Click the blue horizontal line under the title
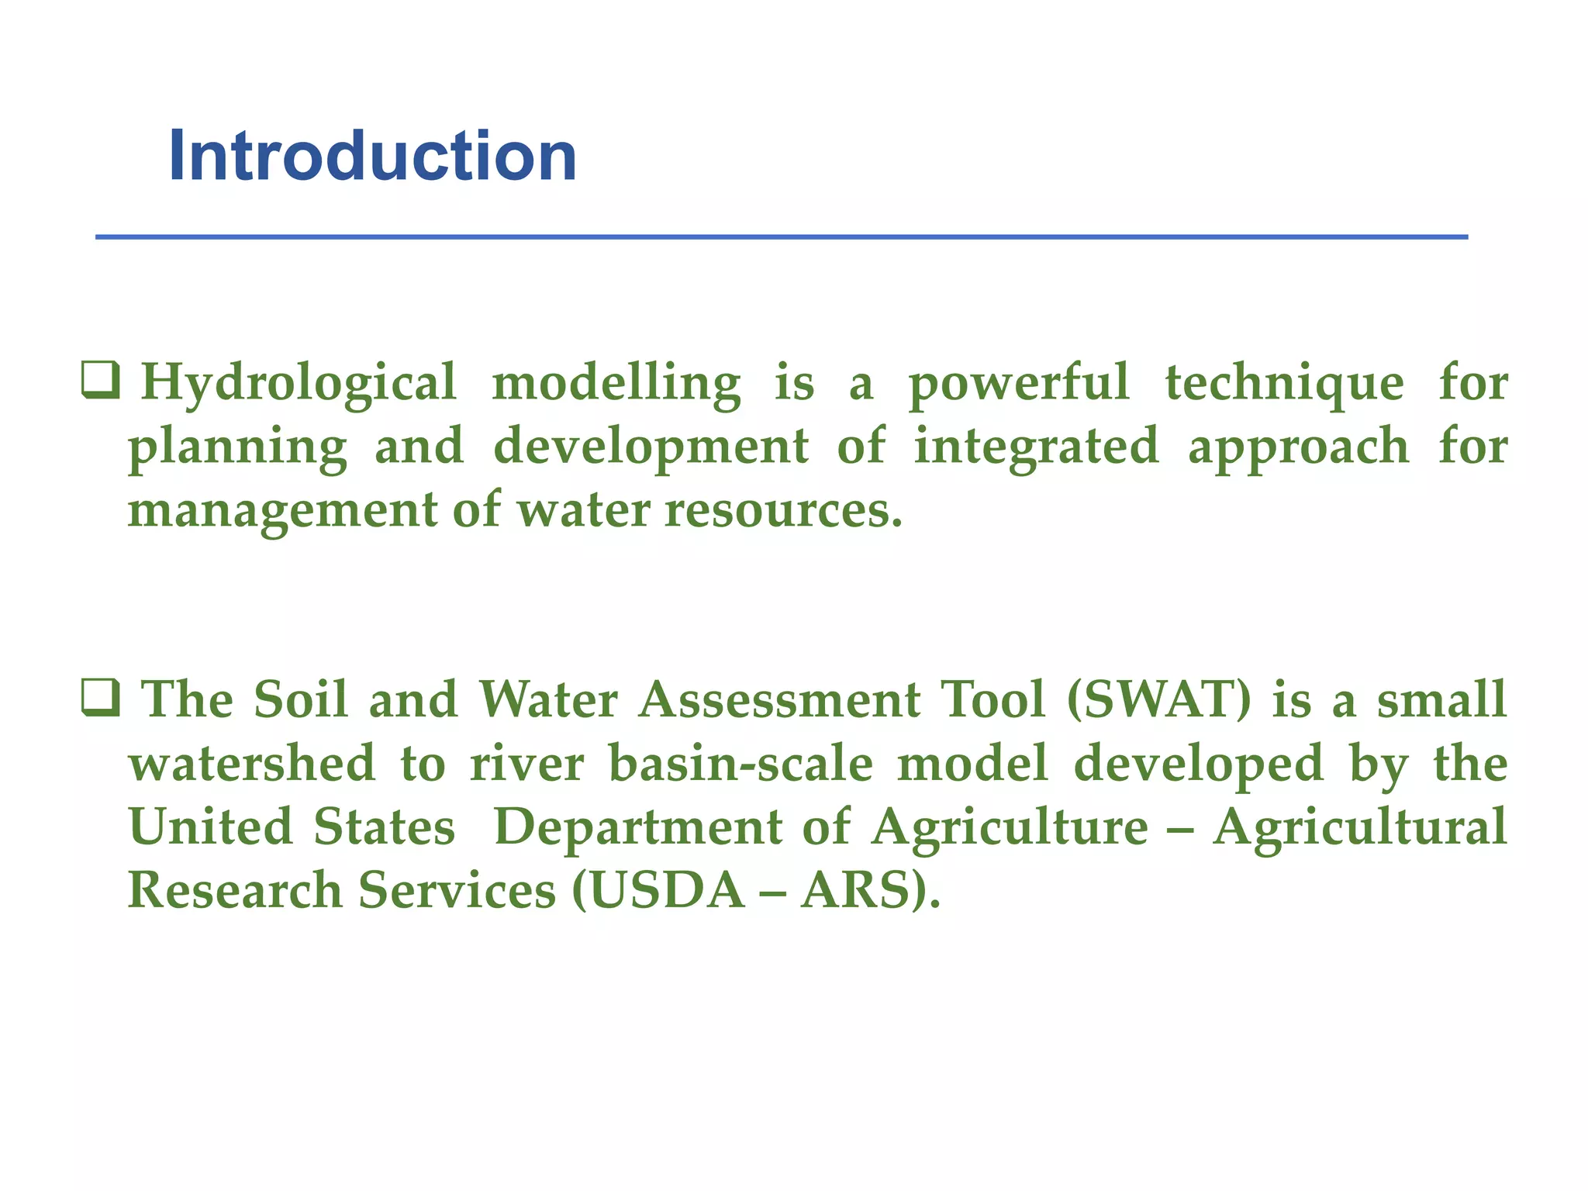click(782, 236)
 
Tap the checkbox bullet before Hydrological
click(101, 381)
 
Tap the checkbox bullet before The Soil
click(101, 697)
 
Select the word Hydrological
click(299, 384)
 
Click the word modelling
click(616, 384)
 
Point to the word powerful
click(1018, 384)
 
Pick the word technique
click(1284, 384)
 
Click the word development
click(651, 447)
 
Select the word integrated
click(1036, 447)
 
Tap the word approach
click(1299, 447)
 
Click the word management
click(282, 511)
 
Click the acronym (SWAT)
click(1158, 700)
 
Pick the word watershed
click(252, 764)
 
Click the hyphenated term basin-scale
click(740, 764)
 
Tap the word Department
click(638, 827)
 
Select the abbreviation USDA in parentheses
click(667, 891)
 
